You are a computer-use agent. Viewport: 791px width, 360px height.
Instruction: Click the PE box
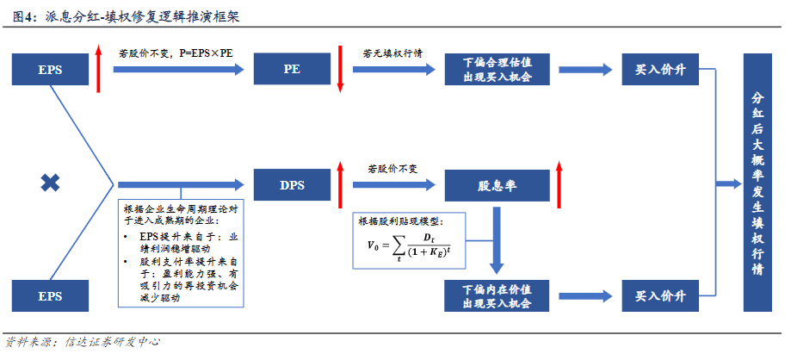click(x=292, y=69)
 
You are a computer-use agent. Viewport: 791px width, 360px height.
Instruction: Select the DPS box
click(x=292, y=184)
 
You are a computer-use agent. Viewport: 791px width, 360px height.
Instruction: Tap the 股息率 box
click(x=497, y=184)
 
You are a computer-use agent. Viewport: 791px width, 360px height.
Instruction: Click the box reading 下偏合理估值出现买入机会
click(x=497, y=69)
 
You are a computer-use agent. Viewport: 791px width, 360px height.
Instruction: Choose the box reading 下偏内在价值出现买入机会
click(x=497, y=295)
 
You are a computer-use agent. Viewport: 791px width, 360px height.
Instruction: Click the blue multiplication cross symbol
click(x=51, y=182)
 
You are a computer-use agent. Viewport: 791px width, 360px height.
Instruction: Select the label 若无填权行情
click(x=392, y=53)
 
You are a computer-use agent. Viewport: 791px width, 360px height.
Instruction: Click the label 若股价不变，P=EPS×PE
click(x=176, y=53)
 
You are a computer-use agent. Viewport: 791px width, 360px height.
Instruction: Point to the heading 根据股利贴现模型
click(x=401, y=221)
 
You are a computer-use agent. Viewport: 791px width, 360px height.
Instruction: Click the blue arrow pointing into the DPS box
click(x=181, y=184)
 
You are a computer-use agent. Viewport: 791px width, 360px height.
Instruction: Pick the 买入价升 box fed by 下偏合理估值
click(x=660, y=69)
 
